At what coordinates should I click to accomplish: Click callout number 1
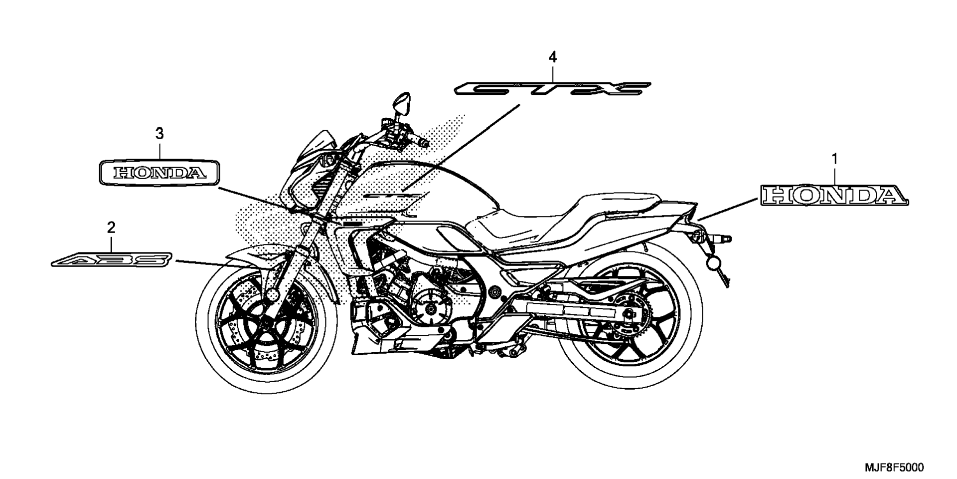(834, 159)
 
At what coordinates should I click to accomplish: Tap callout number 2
(111, 228)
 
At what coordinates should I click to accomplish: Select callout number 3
(159, 133)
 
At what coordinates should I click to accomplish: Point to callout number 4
(552, 57)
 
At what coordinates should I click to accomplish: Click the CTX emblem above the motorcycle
(552, 89)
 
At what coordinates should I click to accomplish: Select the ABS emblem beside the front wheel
(113, 259)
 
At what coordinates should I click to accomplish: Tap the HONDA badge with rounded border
(159, 173)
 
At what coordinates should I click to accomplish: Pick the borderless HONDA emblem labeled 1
(834, 196)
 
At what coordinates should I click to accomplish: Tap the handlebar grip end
(424, 143)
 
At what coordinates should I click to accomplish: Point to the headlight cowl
(309, 160)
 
